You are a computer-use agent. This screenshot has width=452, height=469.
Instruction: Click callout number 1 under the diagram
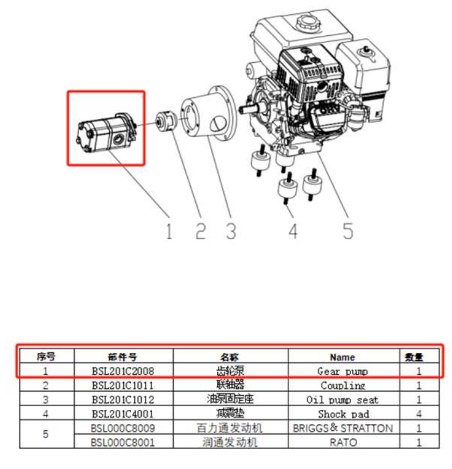coord(168,230)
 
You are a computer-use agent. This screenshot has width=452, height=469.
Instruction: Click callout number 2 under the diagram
coord(201,230)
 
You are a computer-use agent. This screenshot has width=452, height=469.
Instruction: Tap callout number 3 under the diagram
coord(231,230)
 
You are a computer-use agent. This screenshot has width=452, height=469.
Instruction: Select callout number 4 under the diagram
coord(293,230)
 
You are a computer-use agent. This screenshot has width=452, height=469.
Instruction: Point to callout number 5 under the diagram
coord(348,230)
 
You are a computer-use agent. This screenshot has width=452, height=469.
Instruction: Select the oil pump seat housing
coord(208,120)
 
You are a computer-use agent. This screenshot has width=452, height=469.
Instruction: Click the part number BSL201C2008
coord(123,371)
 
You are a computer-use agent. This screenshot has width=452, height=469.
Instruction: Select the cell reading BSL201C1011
coord(123,385)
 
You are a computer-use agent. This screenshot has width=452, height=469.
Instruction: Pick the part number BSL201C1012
coord(123,400)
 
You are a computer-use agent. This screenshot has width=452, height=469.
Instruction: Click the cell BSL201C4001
coord(123,414)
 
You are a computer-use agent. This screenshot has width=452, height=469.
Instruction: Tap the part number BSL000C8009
coord(123,428)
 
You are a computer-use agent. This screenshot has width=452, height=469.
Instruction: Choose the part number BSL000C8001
coord(123,442)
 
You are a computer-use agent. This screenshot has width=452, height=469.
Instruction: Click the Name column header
coord(342,356)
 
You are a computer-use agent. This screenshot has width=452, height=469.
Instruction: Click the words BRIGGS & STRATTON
coord(343,428)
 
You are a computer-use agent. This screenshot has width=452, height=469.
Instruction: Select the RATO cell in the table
coord(343,442)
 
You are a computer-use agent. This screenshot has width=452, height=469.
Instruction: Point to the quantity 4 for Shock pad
coord(419,414)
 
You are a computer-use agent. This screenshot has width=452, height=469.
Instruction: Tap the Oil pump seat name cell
coord(343,400)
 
